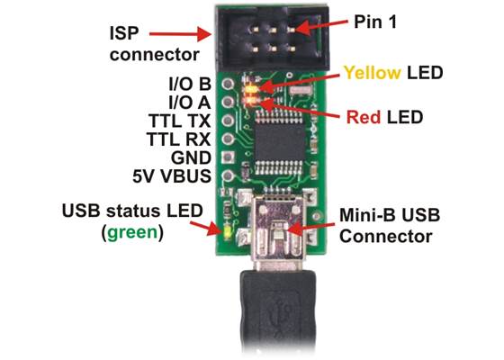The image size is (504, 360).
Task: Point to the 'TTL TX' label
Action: click(x=178, y=120)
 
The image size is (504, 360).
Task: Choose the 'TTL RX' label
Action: click(x=178, y=139)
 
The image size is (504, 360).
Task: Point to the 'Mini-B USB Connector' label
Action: click(x=388, y=226)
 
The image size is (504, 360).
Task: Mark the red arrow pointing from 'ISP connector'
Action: click(x=184, y=33)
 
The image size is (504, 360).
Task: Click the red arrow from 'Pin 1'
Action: click(x=321, y=25)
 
